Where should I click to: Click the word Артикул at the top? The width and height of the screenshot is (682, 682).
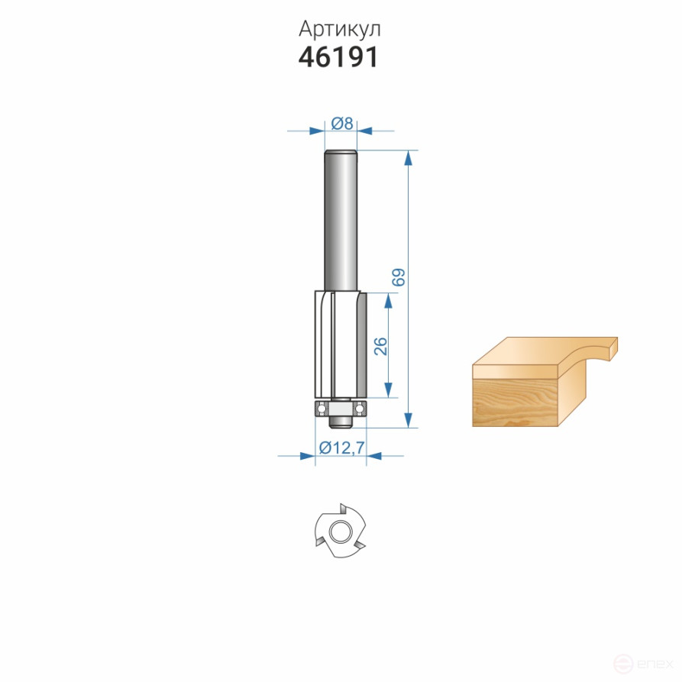point(340,29)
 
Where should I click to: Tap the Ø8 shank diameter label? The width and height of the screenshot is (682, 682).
point(341,122)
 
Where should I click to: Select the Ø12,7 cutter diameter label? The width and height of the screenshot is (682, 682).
point(341,448)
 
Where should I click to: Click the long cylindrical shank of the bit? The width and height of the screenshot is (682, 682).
point(341,221)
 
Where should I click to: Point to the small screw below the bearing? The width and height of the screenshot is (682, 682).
point(341,418)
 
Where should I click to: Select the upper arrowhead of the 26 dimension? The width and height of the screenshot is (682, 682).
point(390,299)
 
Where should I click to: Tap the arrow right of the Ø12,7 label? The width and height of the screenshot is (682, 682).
point(374,457)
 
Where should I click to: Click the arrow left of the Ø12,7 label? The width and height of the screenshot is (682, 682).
point(307,457)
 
